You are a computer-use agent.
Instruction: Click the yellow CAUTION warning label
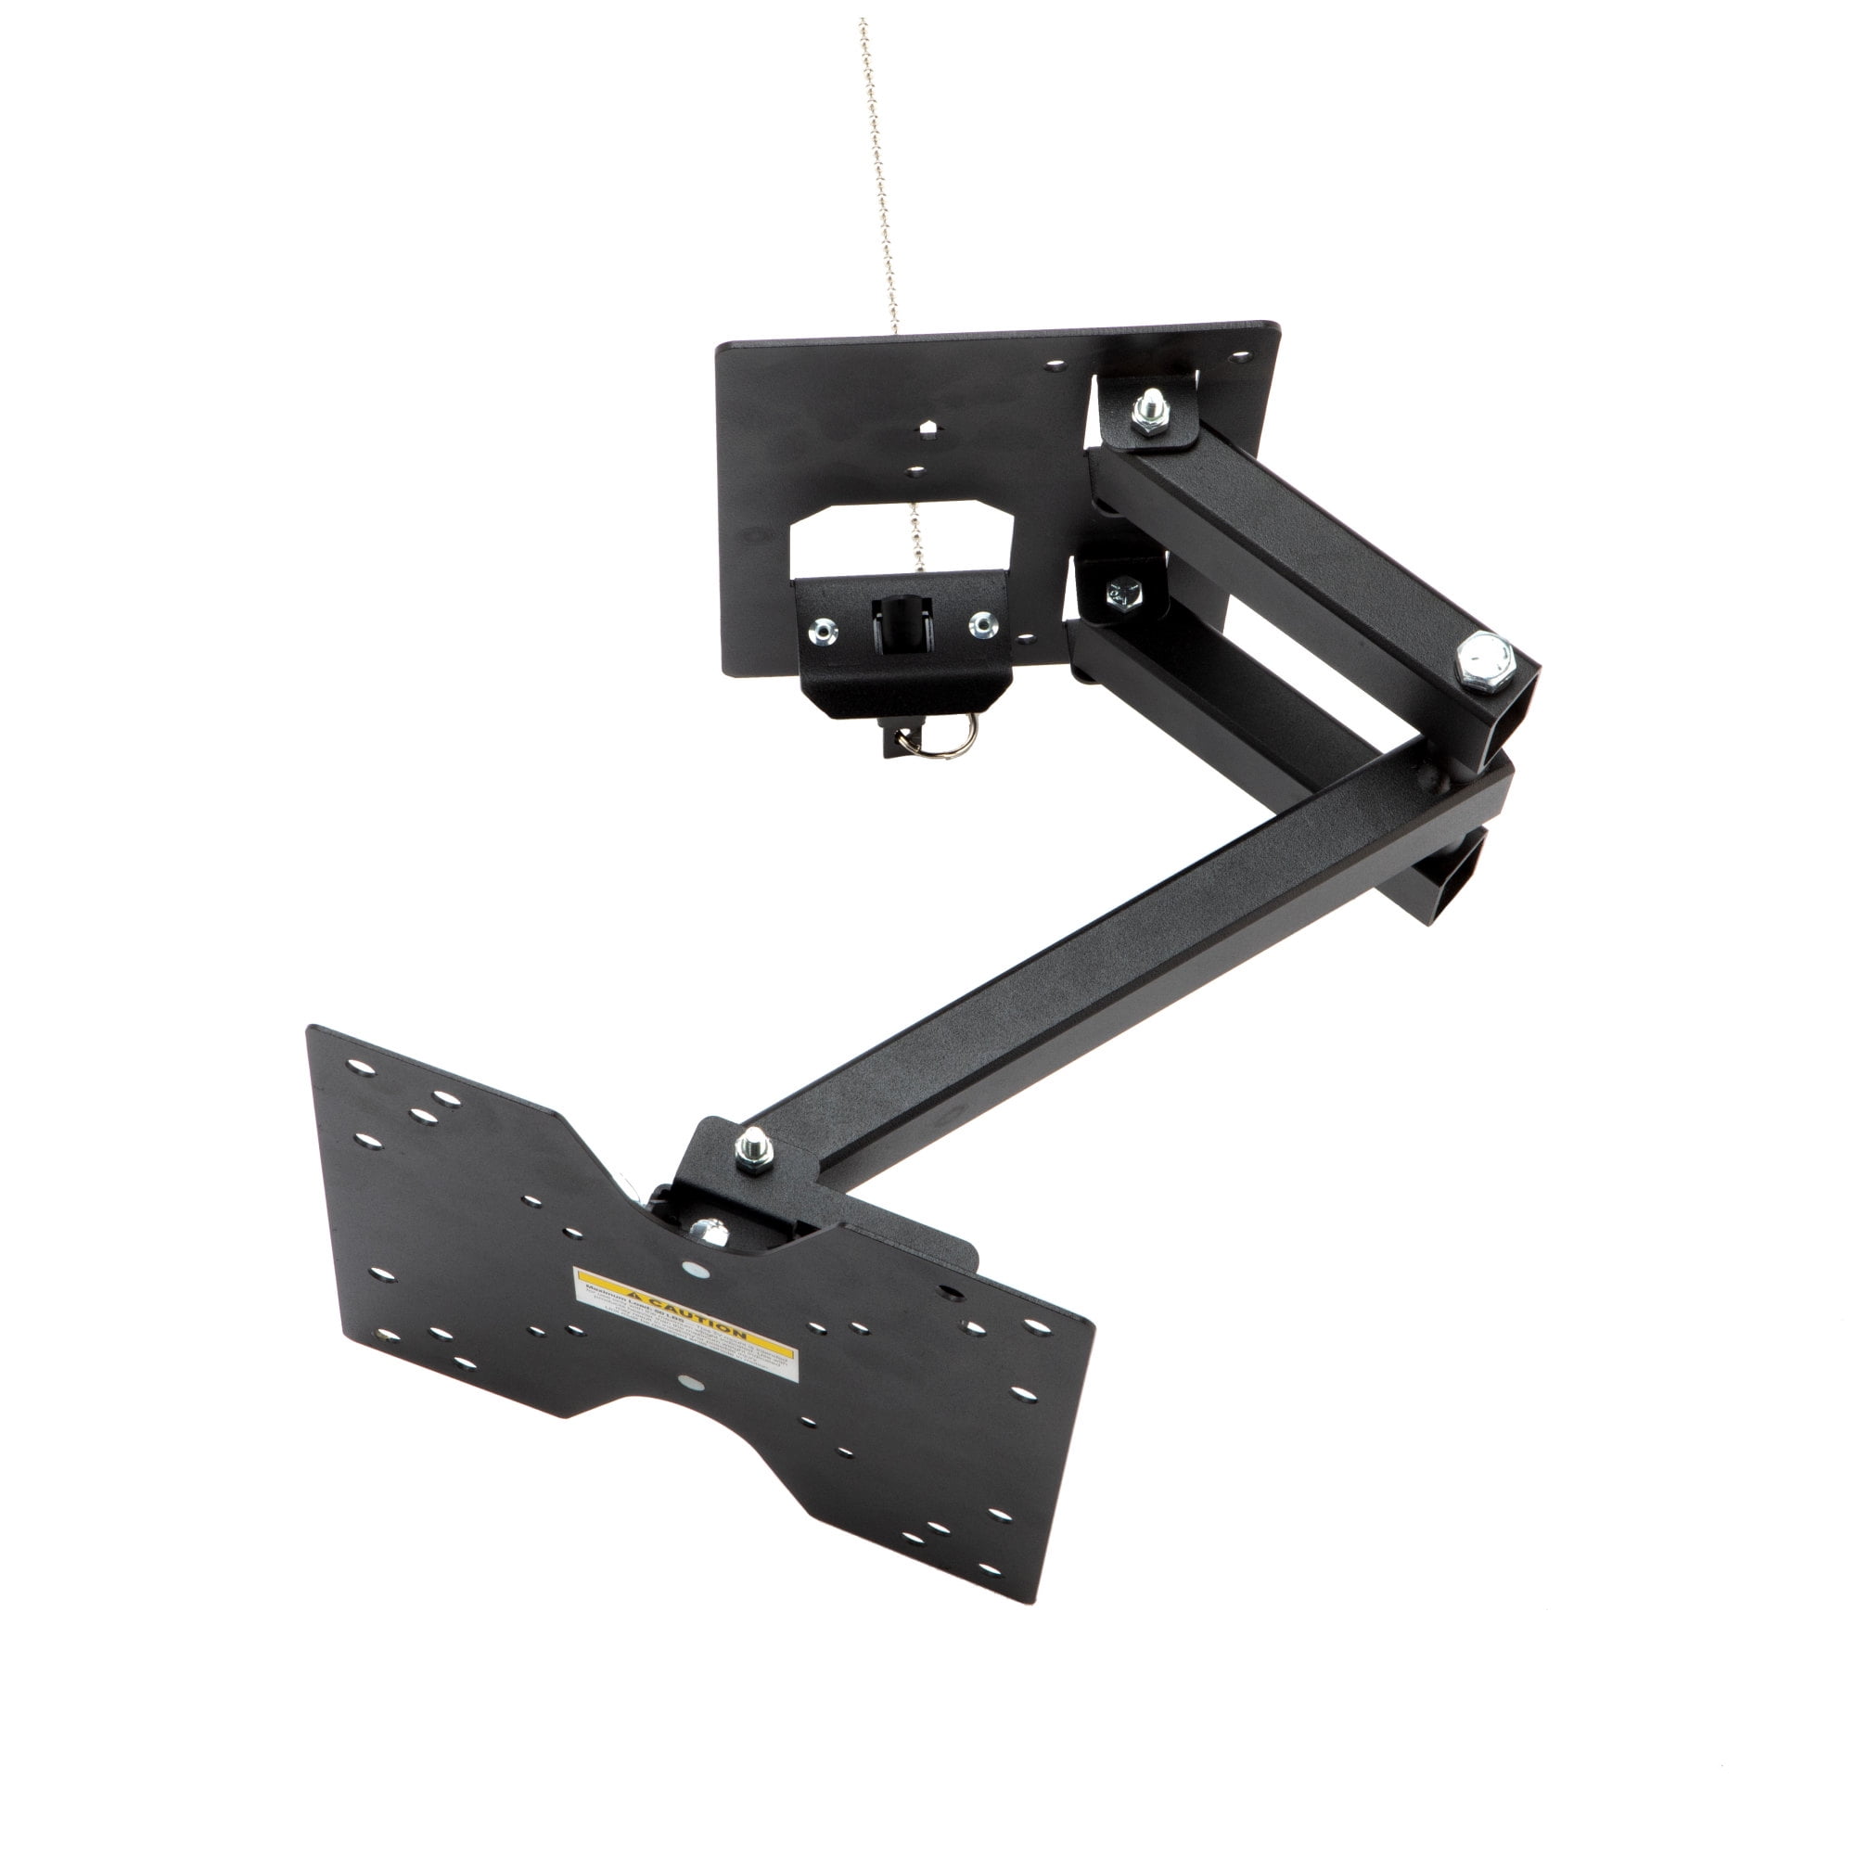[685, 1325]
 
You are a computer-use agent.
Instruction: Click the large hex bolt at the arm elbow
[1484, 660]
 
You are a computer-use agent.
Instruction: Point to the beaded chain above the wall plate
[880, 173]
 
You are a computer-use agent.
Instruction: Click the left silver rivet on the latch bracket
[824, 630]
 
